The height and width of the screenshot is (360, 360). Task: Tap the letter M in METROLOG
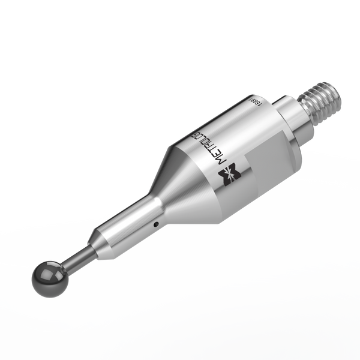(x=221, y=160)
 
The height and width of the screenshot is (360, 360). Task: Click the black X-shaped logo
(x=230, y=174)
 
